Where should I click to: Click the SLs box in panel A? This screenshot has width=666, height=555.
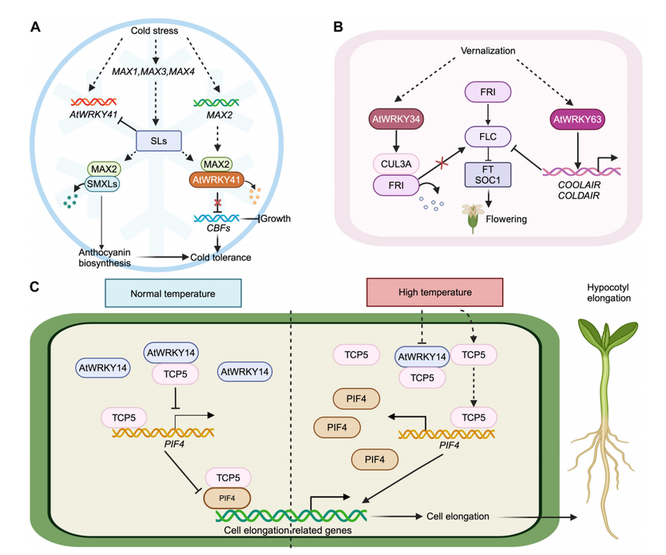(x=157, y=141)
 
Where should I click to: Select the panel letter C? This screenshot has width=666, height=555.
(x=35, y=287)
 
